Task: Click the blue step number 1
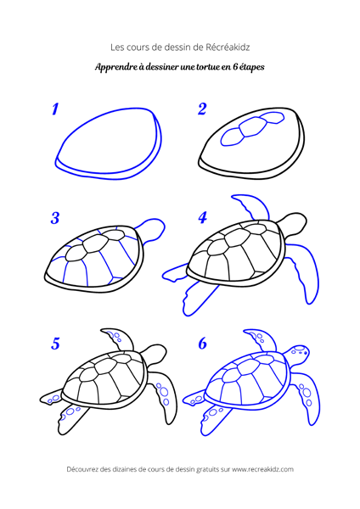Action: coord(55,109)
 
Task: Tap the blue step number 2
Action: coord(202,109)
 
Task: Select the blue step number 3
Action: coord(55,218)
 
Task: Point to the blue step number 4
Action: coord(202,218)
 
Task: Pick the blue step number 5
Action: coord(55,344)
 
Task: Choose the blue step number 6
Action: coord(202,344)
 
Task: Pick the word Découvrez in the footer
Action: coord(86,468)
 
